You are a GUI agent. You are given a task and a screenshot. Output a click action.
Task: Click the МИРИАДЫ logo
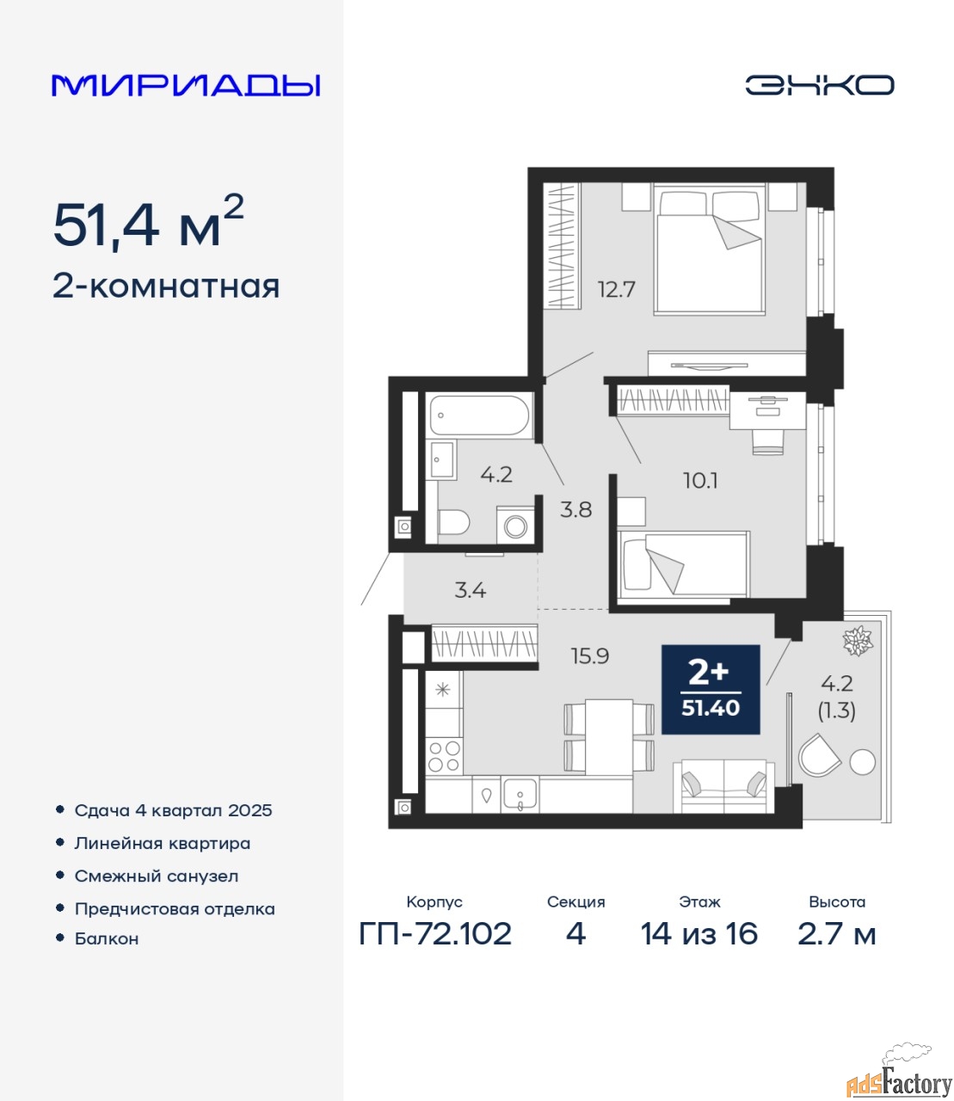point(186,85)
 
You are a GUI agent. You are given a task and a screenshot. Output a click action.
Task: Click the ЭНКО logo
point(819,85)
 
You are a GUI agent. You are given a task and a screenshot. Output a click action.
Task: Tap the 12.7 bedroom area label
point(616,290)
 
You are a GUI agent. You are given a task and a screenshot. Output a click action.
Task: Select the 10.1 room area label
point(700,481)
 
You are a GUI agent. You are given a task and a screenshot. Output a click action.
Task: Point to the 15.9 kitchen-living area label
point(589,656)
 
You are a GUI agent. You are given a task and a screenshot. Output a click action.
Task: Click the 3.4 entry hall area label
point(470,591)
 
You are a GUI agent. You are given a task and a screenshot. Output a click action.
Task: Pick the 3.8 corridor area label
point(575,510)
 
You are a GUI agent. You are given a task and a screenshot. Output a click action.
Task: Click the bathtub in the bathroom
point(479,416)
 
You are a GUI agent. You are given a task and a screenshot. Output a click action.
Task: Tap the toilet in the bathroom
point(453,523)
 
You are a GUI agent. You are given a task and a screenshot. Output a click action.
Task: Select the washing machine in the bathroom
point(515,526)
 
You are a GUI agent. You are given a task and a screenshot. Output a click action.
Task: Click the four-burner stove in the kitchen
point(444,757)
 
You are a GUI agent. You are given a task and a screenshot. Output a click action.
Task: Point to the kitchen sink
point(520,796)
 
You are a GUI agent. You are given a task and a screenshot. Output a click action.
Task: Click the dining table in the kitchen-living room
point(609,738)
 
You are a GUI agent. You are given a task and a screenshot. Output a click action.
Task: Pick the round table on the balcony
point(862,762)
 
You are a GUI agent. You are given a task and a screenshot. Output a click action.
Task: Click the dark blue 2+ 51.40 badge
point(711,690)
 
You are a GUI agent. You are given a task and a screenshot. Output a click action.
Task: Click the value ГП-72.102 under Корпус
point(435,934)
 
